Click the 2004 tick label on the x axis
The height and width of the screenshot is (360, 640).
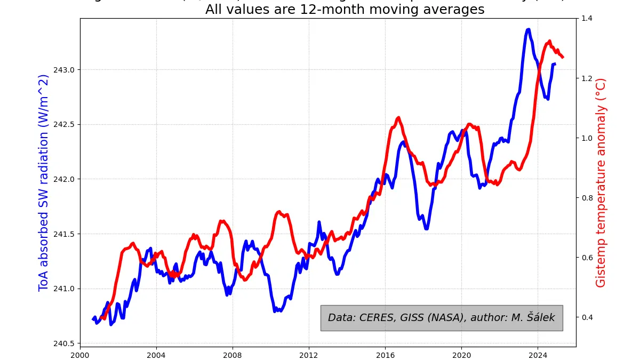pyautogui.click(x=156, y=354)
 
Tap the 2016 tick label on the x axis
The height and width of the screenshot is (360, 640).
pyautogui.click(x=385, y=354)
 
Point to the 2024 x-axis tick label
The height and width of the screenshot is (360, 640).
pyautogui.click(x=538, y=354)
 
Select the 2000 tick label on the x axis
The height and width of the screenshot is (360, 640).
pyautogui.click(x=80, y=354)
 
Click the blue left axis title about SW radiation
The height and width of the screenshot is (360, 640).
pyautogui.click(x=44, y=182)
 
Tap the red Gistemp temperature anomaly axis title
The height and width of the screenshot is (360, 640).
pyautogui.click(x=601, y=182)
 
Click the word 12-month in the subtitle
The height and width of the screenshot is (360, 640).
pyautogui.click(x=306, y=10)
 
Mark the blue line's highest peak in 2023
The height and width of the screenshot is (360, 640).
pyautogui.click(x=528, y=29)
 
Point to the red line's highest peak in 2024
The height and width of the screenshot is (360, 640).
pyautogui.click(x=549, y=41)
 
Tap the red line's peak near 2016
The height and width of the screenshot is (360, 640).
pyautogui.click(x=398, y=118)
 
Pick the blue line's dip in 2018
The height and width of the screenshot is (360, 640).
pyautogui.click(x=426, y=228)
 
